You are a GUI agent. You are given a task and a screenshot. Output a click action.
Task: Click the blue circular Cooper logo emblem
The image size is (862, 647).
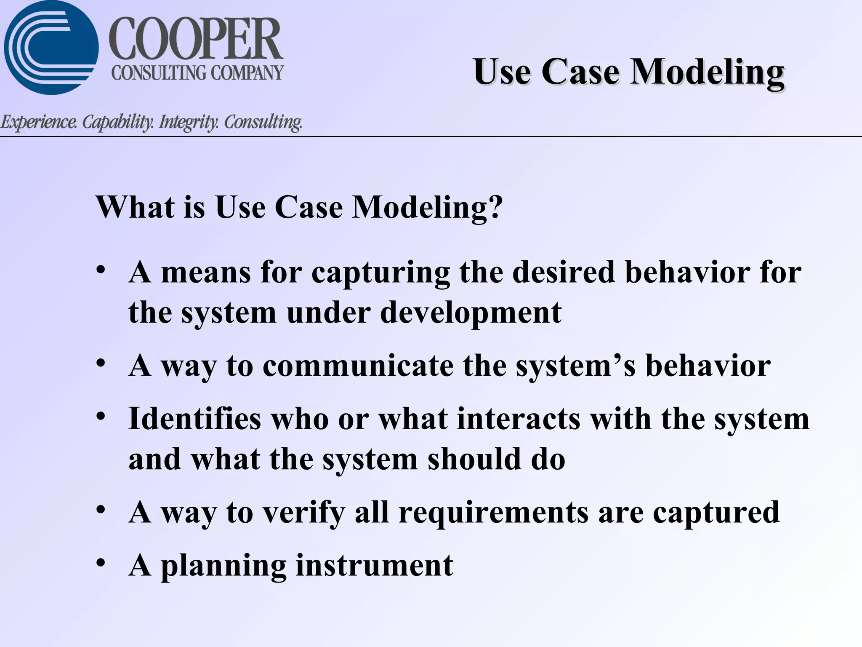click(x=51, y=47)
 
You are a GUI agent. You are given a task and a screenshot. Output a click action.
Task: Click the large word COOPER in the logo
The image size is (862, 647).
click(x=196, y=40)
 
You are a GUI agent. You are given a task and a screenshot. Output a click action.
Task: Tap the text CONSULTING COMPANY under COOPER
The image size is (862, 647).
click(x=197, y=73)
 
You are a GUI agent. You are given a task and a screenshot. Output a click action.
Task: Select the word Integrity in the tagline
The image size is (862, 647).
click(x=188, y=123)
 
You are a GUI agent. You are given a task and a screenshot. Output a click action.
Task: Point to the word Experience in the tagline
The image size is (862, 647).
click(x=38, y=123)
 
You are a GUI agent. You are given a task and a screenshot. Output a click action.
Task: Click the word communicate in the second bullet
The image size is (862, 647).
click(x=358, y=366)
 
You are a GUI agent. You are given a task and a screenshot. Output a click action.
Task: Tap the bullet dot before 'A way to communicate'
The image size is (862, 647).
click(x=100, y=363)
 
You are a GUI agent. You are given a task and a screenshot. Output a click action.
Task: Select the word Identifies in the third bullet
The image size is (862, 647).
click(x=194, y=419)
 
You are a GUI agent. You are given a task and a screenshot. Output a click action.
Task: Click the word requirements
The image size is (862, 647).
click(x=493, y=513)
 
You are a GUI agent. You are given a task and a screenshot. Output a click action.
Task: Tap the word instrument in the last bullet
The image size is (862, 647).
click(x=375, y=565)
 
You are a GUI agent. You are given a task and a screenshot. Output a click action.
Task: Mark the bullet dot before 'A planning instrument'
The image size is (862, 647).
click(x=100, y=563)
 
